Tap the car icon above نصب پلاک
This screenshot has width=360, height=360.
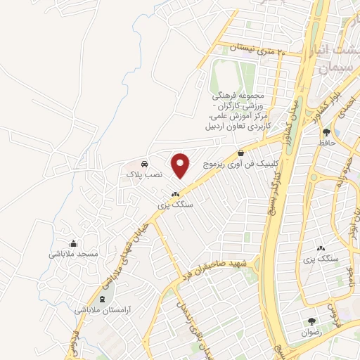click(x=144, y=161)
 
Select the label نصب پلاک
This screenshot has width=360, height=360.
click(x=144, y=172)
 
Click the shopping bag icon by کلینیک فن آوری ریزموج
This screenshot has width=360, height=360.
click(x=240, y=153)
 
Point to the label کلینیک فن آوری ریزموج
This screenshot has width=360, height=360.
click(x=240, y=163)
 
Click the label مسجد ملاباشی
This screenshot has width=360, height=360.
click(x=73, y=253)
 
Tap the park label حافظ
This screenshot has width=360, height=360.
click(x=325, y=143)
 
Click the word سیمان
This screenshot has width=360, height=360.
click(x=333, y=68)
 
